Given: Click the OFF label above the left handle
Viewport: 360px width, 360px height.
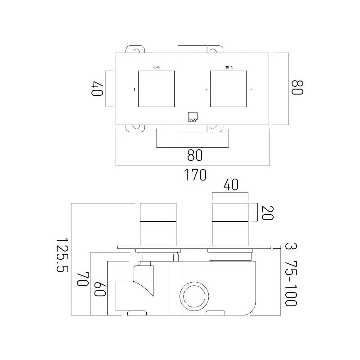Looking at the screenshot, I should [x=157, y=67].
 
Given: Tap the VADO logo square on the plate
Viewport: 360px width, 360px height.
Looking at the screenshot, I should [x=192, y=116].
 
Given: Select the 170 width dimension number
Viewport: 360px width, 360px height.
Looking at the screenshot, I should [x=193, y=175].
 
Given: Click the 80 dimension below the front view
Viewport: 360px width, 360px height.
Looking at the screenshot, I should [x=193, y=155].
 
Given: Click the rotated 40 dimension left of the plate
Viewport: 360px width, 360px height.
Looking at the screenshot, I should [x=97, y=88].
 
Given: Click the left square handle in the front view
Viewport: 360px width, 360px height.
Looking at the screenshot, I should [x=157, y=89].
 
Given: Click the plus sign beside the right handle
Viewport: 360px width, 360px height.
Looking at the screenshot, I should [x=207, y=90].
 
